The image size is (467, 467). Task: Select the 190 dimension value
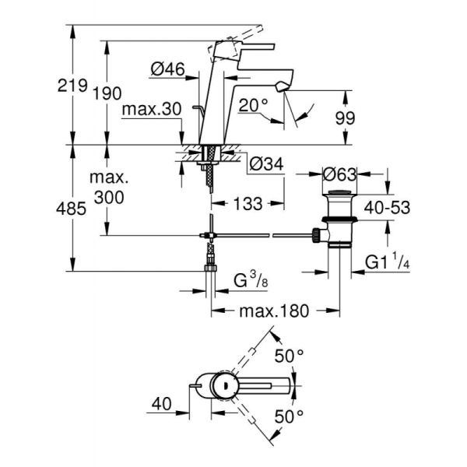pos(107,93)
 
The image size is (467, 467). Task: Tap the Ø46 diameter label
pos(166,69)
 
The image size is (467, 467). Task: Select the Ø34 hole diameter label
pos(265,165)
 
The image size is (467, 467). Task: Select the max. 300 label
pos(109,189)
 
